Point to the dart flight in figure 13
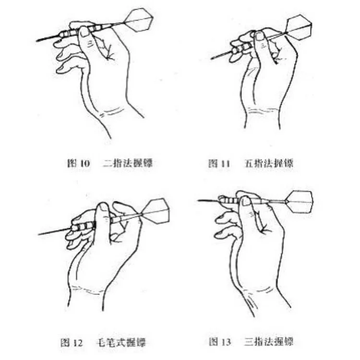[300, 202]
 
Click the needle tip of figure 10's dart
[37, 41]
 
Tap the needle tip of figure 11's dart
[212, 59]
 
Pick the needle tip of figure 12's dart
[39, 234]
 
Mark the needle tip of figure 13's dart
[199, 200]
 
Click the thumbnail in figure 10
[84, 32]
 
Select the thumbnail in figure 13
[246, 201]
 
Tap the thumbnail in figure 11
[260, 36]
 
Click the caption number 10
[85, 163]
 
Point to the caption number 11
[226, 164]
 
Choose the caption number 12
[78, 343]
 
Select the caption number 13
[227, 342]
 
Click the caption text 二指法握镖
[128, 163]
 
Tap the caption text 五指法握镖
[269, 163]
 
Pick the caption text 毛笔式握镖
[121, 343]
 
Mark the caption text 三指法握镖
[269, 342]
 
